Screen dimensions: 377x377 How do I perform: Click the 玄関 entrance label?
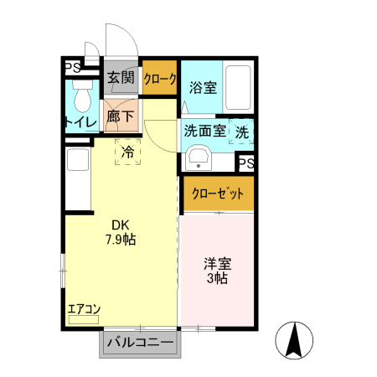point(121,78)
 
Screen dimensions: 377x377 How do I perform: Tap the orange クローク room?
point(160,80)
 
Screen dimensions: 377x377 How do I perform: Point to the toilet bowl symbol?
point(82,100)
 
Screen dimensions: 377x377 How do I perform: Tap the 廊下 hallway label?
point(121,117)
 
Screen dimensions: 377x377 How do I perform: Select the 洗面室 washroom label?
point(204,131)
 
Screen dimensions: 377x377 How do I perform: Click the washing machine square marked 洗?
point(241,132)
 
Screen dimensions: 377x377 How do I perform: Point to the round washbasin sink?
point(199,158)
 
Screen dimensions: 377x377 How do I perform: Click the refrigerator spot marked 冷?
point(128,152)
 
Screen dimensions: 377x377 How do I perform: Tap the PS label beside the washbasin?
point(246,163)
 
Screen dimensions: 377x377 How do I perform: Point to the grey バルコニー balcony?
point(139,343)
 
